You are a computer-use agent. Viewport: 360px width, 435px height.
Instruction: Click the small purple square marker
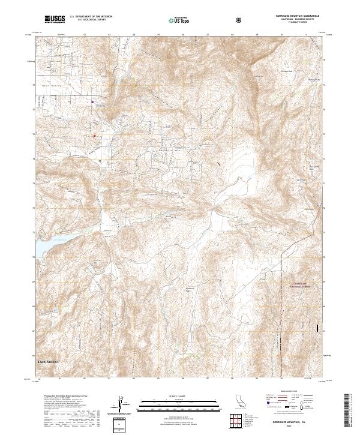tap(92, 101)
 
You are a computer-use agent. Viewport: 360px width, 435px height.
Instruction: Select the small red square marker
tap(94, 135)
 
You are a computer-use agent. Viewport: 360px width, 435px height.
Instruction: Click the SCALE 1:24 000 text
tap(179, 394)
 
